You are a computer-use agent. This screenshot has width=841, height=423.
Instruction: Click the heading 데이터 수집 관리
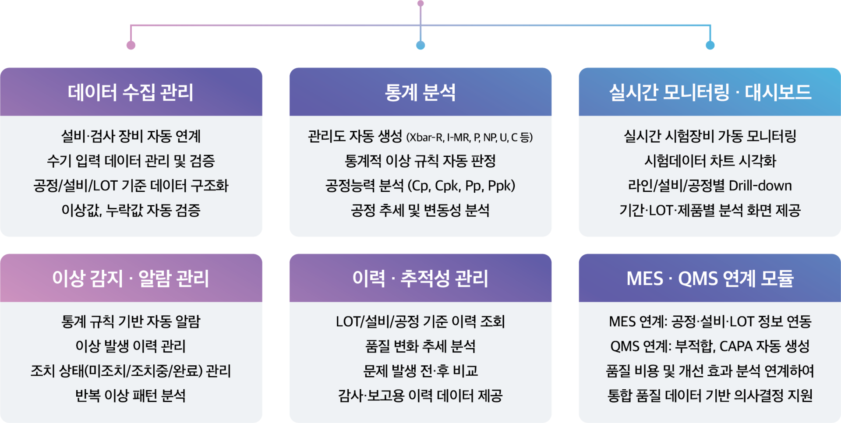pyautogui.click(x=131, y=92)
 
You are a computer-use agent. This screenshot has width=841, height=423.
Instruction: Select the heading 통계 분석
pyautogui.click(x=420, y=92)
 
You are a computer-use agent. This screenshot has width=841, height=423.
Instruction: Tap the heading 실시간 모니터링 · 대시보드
pyautogui.click(x=710, y=92)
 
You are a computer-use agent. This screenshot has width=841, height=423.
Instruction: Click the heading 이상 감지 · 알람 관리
pyautogui.click(x=131, y=278)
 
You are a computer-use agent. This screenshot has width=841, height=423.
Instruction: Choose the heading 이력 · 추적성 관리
pyautogui.click(x=420, y=278)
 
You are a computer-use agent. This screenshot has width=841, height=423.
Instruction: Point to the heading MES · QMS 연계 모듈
pyautogui.click(x=710, y=278)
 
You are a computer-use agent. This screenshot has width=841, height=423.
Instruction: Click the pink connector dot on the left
pyautogui.click(x=131, y=45)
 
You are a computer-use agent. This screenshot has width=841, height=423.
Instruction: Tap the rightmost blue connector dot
pyautogui.click(x=710, y=45)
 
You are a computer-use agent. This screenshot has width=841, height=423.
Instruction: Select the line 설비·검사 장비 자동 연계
pyautogui.click(x=131, y=136)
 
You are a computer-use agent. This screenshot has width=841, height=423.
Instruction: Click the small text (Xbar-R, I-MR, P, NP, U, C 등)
pyautogui.click(x=470, y=137)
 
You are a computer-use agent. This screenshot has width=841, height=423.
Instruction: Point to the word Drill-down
pyautogui.click(x=760, y=186)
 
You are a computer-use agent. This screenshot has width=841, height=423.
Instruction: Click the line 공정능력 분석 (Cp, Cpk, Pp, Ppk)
pyautogui.click(x=420, y=186)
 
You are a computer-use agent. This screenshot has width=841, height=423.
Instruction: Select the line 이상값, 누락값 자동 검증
pyautogui.click(x=131, y=211)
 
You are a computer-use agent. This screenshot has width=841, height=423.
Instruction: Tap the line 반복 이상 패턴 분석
pyautogui.click(x=131, y=396)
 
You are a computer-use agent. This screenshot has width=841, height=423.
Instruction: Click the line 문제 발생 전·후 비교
pyautogui.click(x=420, y=371)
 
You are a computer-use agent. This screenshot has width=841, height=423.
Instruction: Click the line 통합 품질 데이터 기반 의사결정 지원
pyautogui.click(x=710, y=396)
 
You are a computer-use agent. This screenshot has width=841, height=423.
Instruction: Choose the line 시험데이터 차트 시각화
pyautogui.click(x=710, y=161)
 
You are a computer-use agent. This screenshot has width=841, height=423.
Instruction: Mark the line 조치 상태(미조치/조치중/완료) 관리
pyautogui.click(x=131, y=371)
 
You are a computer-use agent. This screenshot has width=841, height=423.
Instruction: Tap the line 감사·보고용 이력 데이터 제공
pyautogui.click(x=420, y=396)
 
